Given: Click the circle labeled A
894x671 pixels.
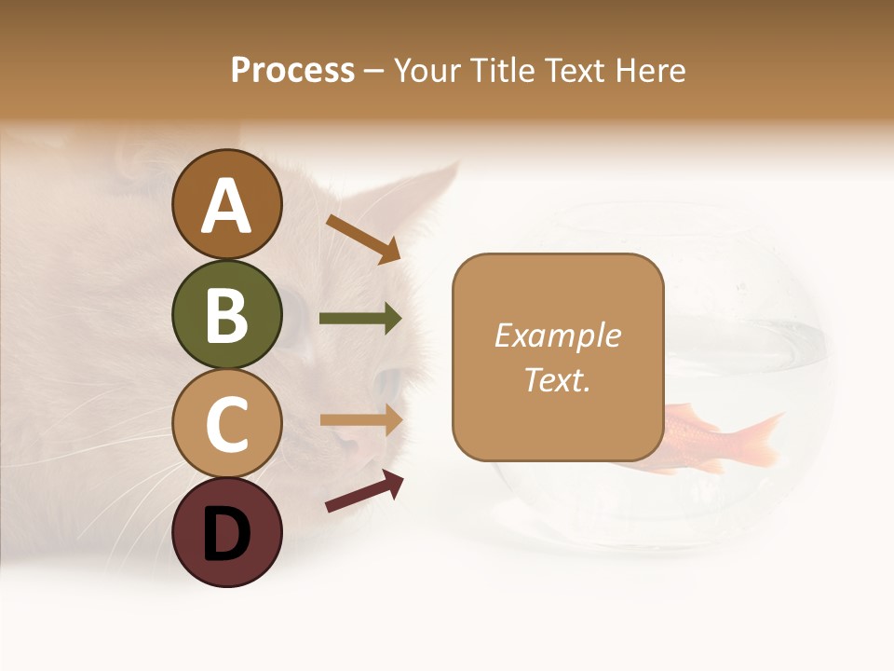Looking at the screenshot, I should click(x=226, y=204).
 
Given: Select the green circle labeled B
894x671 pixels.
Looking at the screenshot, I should click(x=226, y=314).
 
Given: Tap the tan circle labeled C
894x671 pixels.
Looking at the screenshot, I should click(x=226, y=423).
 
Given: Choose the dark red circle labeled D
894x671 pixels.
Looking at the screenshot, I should click(x=226, y=532).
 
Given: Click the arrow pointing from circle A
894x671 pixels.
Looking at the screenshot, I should click(x=363, y=238).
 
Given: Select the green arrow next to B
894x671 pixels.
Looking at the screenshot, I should click(x=360, y=319).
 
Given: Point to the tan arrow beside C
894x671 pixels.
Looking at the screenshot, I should click(x=360, y=420).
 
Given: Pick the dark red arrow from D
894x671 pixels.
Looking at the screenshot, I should click(x=364, y=492).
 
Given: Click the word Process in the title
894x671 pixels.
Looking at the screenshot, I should click(x=292, y=70).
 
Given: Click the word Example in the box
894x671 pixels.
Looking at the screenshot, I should click(x=557, y=335).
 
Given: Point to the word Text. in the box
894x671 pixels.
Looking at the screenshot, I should click(x=557, y=379).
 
